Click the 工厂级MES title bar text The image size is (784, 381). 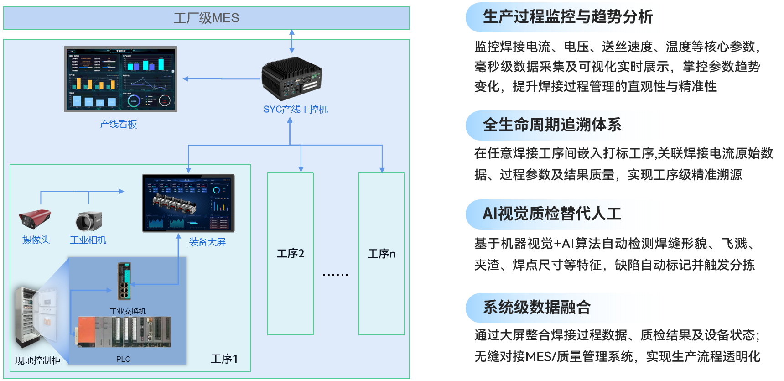206,18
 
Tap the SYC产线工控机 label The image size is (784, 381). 295,110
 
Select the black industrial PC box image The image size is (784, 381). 292,78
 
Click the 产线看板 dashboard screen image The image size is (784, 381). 120,79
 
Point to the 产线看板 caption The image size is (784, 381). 118,124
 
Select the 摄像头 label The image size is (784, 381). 36,240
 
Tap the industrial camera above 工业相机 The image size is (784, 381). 88,221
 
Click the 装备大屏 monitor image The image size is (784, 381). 188,203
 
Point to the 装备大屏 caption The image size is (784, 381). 207,242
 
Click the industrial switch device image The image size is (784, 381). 124,281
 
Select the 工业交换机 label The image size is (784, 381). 128,311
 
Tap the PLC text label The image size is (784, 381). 123,359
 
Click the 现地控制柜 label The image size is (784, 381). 38,360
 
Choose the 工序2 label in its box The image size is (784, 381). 290,253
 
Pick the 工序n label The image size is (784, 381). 381,254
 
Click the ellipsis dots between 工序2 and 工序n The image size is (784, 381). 335,275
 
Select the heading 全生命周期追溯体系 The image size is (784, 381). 552,125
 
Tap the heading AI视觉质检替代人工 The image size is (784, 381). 552,214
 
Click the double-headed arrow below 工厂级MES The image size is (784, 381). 292,41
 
